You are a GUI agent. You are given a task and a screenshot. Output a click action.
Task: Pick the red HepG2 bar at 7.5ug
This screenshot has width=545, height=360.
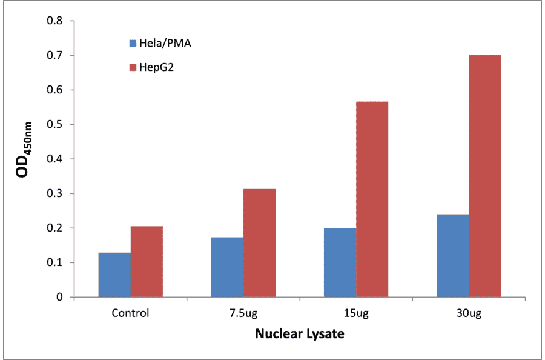tap(259, 242)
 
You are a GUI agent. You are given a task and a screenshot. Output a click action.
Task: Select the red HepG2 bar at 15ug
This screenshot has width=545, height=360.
tap(372, 199)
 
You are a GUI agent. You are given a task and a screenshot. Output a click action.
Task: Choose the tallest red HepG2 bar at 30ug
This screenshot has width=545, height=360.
tap(484, 176)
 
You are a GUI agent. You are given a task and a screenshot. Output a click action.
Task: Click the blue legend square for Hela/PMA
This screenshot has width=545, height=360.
tap(132, 43)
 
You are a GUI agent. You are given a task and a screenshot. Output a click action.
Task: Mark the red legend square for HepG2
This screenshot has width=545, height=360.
tap(132, 67)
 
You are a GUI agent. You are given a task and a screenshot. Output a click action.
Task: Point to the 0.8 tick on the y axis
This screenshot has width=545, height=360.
tap(56, 21)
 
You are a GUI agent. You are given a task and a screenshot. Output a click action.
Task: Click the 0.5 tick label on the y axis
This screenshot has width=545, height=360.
tap(56, 125)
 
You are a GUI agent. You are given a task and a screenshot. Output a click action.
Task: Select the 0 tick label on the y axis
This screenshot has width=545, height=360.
tap(60, 298)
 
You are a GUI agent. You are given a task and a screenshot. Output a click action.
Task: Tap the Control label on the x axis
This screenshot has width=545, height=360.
tap(130, 314)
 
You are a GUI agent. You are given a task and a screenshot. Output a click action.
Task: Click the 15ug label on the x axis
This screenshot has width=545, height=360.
tap(355, 314)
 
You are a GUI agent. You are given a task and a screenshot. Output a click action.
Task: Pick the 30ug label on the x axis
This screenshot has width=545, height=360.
tap(468, 314)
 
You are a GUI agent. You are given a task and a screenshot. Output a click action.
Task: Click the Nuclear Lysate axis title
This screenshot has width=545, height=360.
tap(299, 333)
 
